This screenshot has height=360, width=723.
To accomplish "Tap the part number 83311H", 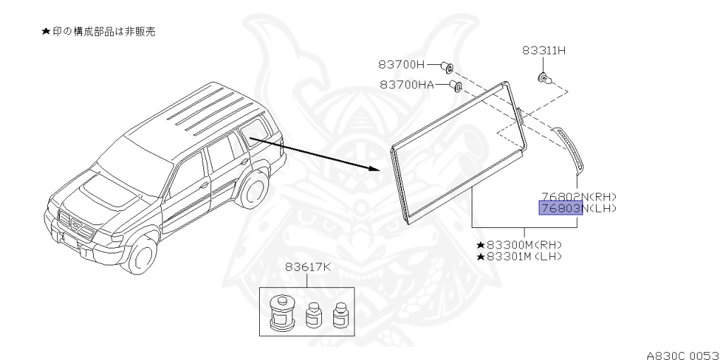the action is point(544,51).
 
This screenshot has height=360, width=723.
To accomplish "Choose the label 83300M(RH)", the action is point(523,244).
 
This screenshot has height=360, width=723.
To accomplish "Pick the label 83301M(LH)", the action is point(523,256).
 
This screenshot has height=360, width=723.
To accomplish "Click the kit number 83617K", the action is point(308,268).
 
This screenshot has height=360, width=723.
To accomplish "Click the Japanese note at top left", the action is point(98,33).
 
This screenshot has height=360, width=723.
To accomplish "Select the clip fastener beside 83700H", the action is point(446,66).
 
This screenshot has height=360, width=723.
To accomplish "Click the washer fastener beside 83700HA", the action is point(456,86).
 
